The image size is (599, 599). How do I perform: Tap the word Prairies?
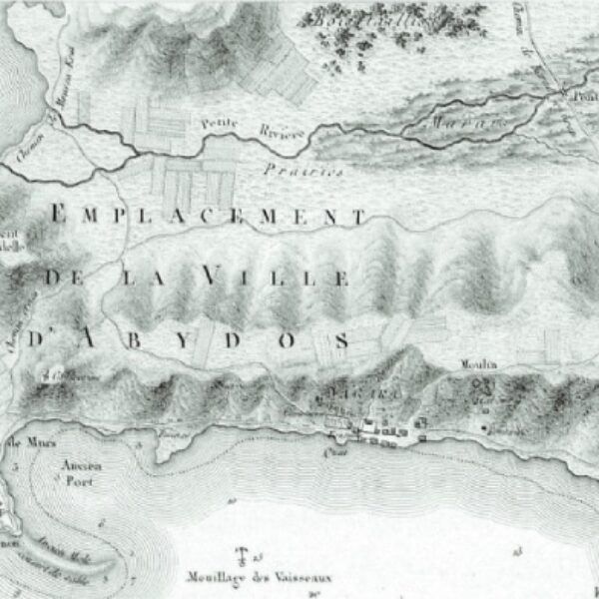(304, 171)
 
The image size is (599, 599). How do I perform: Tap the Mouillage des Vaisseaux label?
(259, 577)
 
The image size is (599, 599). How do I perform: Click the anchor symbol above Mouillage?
(240, 555)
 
